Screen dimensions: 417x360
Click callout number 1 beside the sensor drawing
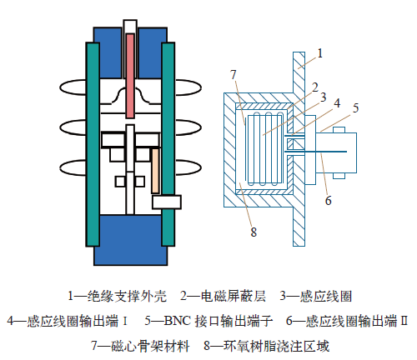click(320, 53)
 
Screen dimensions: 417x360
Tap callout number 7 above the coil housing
click(234, 74)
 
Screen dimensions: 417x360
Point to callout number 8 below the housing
click(254, 232)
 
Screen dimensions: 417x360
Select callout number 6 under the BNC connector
click(329, 200)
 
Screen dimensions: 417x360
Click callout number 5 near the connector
click(356, 108)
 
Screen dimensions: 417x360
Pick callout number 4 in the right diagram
click(337, 103)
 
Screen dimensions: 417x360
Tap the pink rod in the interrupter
click(130, 76)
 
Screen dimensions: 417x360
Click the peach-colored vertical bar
click(155, 171)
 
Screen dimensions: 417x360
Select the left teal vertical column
click(93, 144)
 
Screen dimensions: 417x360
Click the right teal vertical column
click(168, 144)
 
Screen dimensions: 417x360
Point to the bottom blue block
click(130, 240)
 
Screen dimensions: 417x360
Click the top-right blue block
click(153, 52)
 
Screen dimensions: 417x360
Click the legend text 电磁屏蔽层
click(234, 296)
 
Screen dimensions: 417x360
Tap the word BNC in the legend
click(178, 321)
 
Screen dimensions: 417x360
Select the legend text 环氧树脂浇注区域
click(276, 346)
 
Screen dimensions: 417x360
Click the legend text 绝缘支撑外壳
click(127, 296)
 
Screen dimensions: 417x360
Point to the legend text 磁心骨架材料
click(150, 346)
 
